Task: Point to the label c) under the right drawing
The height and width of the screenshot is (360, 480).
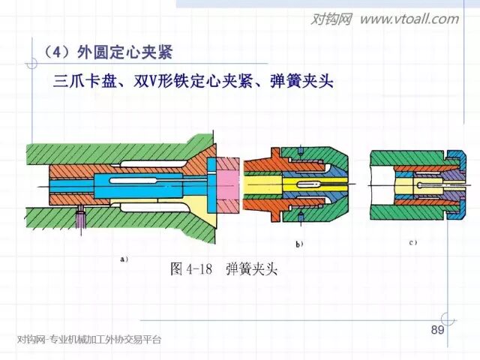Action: point(412,243)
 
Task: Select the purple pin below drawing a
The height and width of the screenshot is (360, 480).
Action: point(80,220)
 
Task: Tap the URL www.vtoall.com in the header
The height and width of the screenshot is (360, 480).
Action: point(409,19)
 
